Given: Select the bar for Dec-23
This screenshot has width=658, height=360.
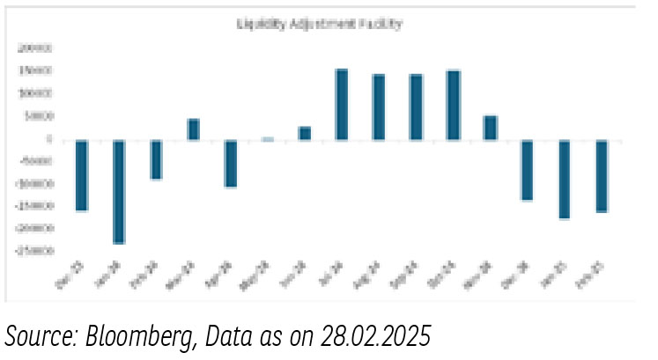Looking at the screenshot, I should coord(82,175).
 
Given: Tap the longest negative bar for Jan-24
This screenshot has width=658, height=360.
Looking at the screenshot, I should coord(119,191).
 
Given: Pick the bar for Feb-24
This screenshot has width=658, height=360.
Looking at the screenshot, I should coord(156,159).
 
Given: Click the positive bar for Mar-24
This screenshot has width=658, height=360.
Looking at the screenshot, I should coord(193,129).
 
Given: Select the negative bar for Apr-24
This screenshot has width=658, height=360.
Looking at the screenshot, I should coord(230,163).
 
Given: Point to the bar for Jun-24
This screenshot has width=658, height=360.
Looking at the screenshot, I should coord(305,133).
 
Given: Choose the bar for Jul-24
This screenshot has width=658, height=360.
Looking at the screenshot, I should coord(342,104).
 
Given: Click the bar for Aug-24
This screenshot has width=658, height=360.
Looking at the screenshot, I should coord(379,107).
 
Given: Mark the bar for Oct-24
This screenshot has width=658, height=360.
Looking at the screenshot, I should coord(454,105).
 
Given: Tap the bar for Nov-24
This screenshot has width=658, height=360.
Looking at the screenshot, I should coord(491,128).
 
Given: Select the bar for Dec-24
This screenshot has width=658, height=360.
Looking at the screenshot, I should coord(528,170).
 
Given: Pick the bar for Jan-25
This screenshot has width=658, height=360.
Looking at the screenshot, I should coord(565,179).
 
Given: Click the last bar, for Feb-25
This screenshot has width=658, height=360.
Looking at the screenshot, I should coord(602,175).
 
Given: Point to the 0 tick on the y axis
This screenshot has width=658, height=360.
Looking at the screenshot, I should coord(51,140).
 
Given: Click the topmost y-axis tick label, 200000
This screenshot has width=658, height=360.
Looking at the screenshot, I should coord(36,48).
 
